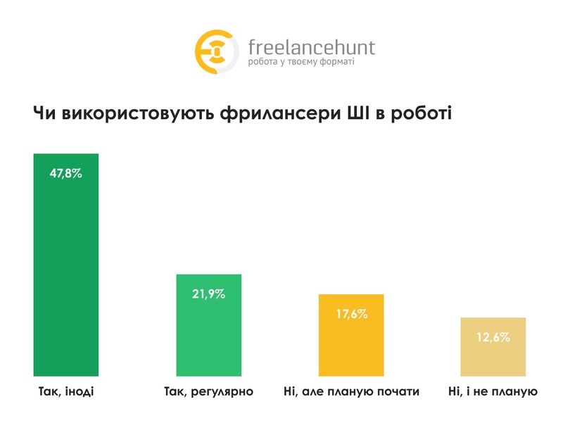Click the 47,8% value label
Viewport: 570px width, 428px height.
[65, 172]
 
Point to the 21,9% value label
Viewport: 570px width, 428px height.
[208, 294]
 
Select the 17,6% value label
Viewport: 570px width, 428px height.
[351, 314]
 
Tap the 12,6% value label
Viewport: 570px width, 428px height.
[493, 337]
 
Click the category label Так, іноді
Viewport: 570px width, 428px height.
[64, 391]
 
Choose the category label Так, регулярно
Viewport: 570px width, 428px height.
[208, 391]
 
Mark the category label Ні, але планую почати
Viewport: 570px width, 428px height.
[351, 391]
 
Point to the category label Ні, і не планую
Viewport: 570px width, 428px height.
[493, 391]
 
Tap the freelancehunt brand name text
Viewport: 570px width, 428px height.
[312, 47]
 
